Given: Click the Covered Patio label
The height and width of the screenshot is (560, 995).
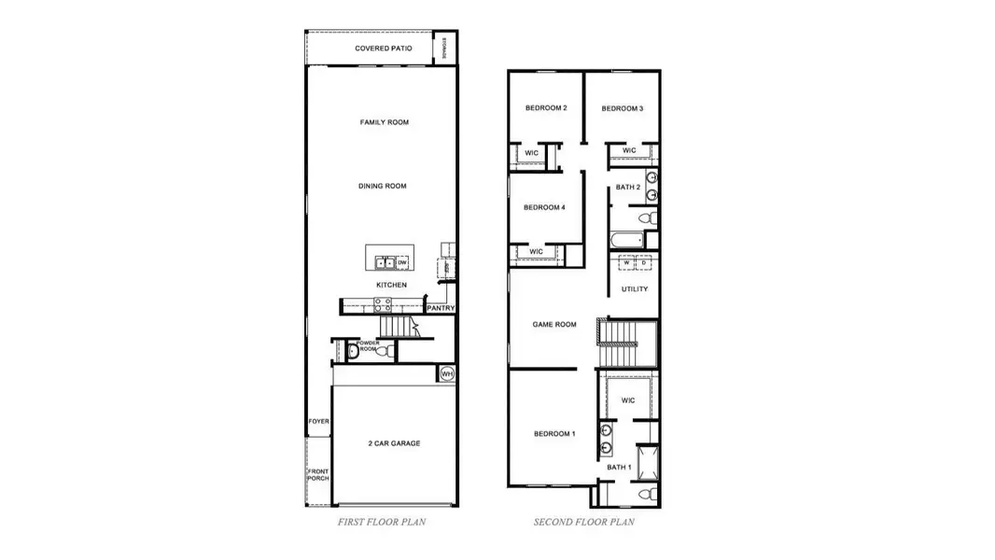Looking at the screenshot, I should pos(384,48).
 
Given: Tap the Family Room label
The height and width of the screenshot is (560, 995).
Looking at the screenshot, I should pos(385,122).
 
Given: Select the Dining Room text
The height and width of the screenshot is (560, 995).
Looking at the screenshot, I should pos(383,186).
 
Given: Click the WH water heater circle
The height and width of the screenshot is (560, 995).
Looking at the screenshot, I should pos(447,373).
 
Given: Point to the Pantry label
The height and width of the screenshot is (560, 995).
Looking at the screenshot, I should pos(441,308).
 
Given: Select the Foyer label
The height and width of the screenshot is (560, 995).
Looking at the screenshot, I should pos(319,421).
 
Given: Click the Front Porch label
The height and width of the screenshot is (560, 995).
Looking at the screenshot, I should pos(319,474).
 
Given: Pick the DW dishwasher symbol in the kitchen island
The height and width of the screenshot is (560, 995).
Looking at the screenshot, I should pos(402,263).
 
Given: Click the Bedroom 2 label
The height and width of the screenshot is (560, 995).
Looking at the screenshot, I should pos(546,108).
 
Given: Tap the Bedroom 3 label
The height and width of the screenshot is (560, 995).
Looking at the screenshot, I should pos(622,108).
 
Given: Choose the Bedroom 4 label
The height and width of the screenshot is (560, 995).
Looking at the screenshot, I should pos(544,207).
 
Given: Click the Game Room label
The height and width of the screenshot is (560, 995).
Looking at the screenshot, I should pos(554,325).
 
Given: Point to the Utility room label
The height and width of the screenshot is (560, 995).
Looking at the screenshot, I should pos(635,289).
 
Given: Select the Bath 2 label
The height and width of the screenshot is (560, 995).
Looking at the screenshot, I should pos(627,188).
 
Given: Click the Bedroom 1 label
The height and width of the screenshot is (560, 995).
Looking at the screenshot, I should pos(554,434).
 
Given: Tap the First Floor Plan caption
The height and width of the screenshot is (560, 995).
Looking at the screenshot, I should pos(382,523).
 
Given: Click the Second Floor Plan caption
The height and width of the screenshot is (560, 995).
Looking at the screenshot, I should pos(584,523).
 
